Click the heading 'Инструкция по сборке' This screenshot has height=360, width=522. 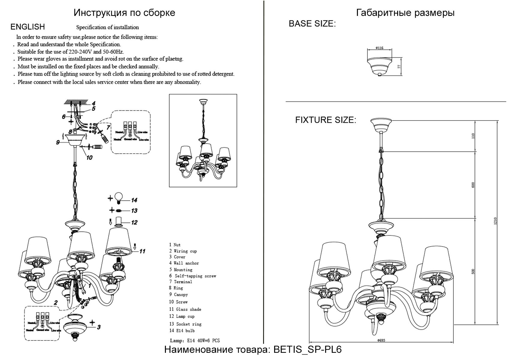pyautogui.click(x=124, y=13)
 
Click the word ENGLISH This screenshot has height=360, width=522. pyautogui.click(x=28, y=27)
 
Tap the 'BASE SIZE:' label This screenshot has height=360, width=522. pyautogui.click(x=312, y=24)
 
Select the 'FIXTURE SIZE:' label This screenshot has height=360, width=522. pyautogui.click(x=325, y=120)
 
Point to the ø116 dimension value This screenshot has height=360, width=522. pyautogui.click(x=379, y=48)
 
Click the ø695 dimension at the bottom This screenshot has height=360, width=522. pyautogui.click(x=381, y=340)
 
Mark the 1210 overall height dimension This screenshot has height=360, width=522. pyautogui.click(x=495, y=221)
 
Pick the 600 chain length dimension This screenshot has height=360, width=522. pyautogui.click(x=473, y=185)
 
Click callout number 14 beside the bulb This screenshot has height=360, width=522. pyautogui.click(x=134, y=200)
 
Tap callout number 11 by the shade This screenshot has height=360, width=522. pyautogui.click(x=142, y=251)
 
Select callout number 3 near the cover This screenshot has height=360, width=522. pyautogui.click(x=99, y=327)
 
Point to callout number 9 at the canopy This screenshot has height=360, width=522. pyautogui.click(x=58, y=142)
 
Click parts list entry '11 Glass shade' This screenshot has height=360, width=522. pyautogui.click(x=185, y=309)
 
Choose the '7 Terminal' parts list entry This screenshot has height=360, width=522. pyautogui.click(x=181, y=282)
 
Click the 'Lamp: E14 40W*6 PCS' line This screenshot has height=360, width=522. pyautogui.click(x=195, y=340)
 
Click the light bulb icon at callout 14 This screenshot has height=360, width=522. pyautogui.click(x=119, y=197)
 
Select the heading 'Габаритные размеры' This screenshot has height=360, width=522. pyautogui.click(x=405, y=13)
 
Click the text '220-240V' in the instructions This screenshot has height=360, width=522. pyautogui.click(x=80, y=52)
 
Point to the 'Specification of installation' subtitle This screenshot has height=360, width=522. pyautogui.click(x=107, y=27)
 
